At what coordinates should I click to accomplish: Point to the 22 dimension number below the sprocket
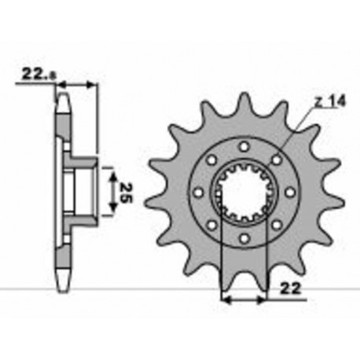tap(288, 290)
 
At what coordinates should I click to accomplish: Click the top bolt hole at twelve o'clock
tap(244, 147)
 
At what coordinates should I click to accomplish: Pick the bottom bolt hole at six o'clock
tap(244, 237)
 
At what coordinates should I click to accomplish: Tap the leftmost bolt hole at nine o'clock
tap(199, 192)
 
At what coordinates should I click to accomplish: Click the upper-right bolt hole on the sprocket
tap(275, 160)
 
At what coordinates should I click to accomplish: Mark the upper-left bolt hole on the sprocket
tap(212, 160)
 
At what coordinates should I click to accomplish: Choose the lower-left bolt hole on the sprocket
tap(212, 223)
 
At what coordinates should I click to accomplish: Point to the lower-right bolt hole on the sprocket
tap(275, 223)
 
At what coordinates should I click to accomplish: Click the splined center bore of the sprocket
tap(244, 192)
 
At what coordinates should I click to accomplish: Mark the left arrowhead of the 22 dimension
tap(226, 299)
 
